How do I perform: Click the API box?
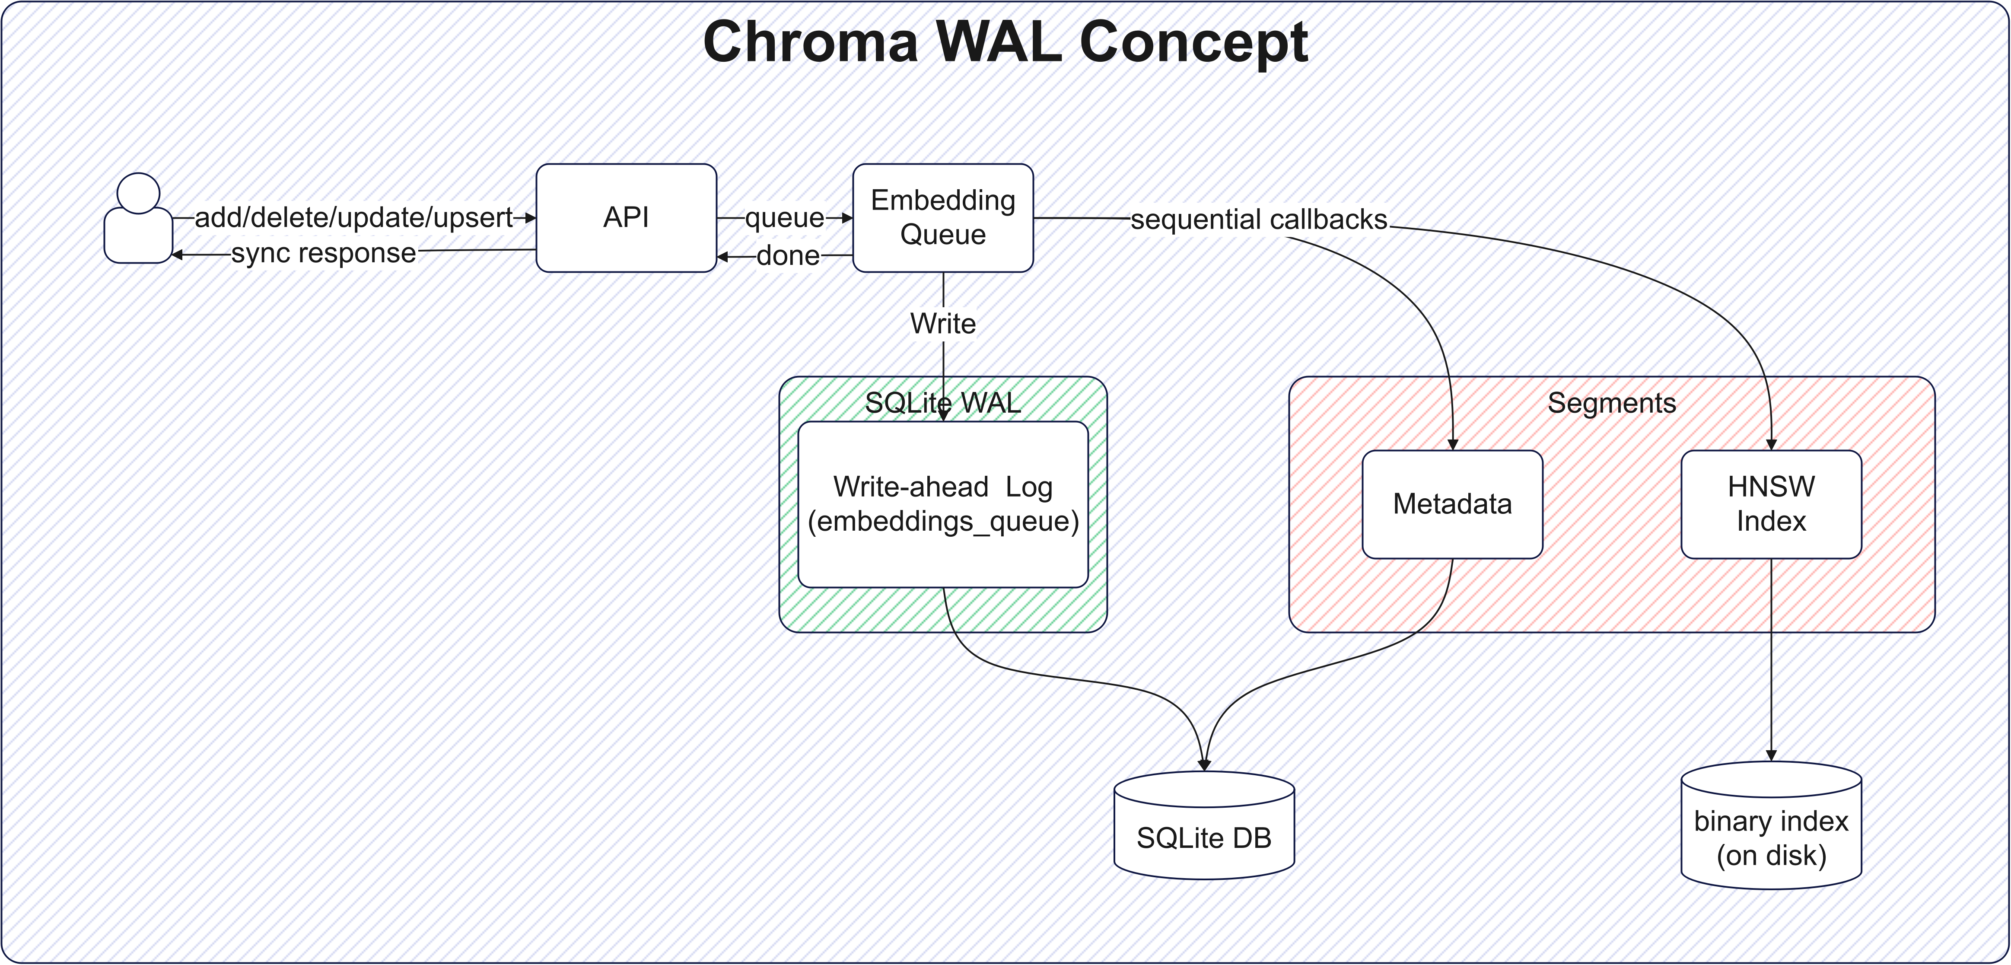[x=626, y=218]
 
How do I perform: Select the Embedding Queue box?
[x=943, y=218]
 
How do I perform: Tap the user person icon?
[x=138, y=219]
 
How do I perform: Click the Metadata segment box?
[x=1452, y=504]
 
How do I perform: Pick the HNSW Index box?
[x=1771, y=504]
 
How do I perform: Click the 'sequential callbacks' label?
[x=1258, y=220]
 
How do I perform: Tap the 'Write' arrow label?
[x=943, y=323]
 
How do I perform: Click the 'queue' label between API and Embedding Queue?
[x=785, y=218]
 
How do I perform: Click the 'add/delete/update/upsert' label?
[x=353, y=218]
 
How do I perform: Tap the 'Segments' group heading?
[x=1611, y=403]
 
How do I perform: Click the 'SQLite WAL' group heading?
[x=943, y=403]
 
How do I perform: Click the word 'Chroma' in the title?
[x=810, y=42]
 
